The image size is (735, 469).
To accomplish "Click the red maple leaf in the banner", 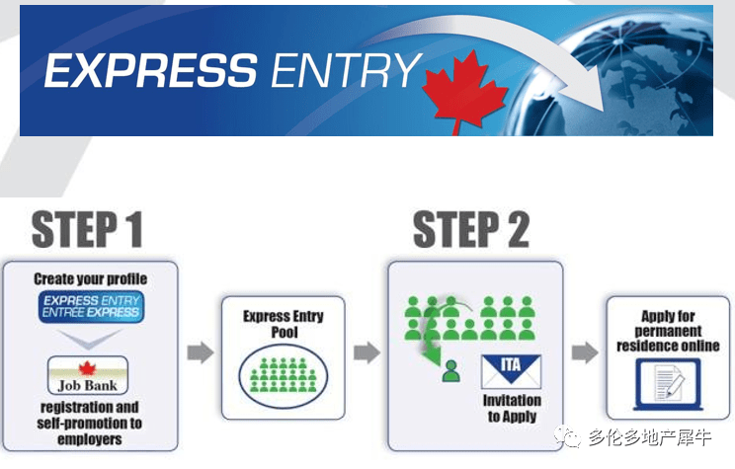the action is [x=464, y=92].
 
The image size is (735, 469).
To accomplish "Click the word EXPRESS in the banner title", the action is [x=151, y=70].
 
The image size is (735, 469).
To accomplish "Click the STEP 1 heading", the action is [x=87, y=229].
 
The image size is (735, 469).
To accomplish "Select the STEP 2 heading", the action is [x=471, y=229].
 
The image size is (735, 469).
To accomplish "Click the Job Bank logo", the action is [x=88, y=375].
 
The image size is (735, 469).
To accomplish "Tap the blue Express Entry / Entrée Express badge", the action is [x=91, y=306].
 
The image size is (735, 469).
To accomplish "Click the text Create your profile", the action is [x=91, y=278].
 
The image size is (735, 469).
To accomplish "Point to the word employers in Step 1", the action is [x=90, y=439].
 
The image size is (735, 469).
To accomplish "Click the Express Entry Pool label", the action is [x=284, y=324].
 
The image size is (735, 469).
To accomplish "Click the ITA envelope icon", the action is [x=512, y=371].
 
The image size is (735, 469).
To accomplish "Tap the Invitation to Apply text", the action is [x=512, y=408].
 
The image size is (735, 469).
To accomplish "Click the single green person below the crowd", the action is [x=450, y=371].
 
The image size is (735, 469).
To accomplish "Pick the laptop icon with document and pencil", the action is [x=669, y=385].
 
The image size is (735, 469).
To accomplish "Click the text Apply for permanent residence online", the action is [x=668, y=331].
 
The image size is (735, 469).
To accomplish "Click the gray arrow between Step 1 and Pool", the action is [x=201, y=352].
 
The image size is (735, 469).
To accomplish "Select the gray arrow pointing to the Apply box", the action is [x=585, y=352].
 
